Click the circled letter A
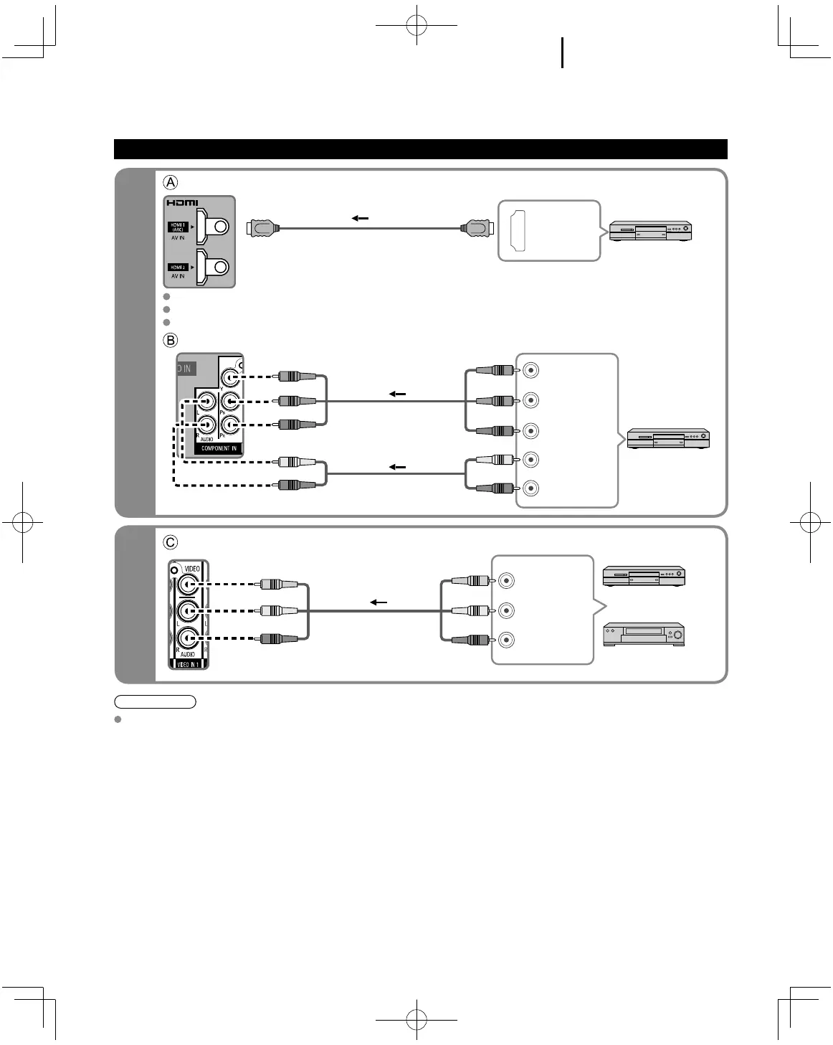171,181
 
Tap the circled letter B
171,339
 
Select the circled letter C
171,542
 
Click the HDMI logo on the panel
183,203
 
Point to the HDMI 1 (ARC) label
177,227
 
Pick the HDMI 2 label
177,267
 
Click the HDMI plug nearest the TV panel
262,229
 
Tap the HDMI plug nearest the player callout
476,229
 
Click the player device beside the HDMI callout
650,231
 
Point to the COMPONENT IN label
219,448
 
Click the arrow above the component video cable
397,394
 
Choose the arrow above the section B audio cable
397,467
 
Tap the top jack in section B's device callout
530,370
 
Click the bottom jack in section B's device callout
530,488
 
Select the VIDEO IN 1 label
188,664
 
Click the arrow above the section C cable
378,602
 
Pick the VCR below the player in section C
644,635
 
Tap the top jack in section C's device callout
507,580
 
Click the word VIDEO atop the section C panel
192,569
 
